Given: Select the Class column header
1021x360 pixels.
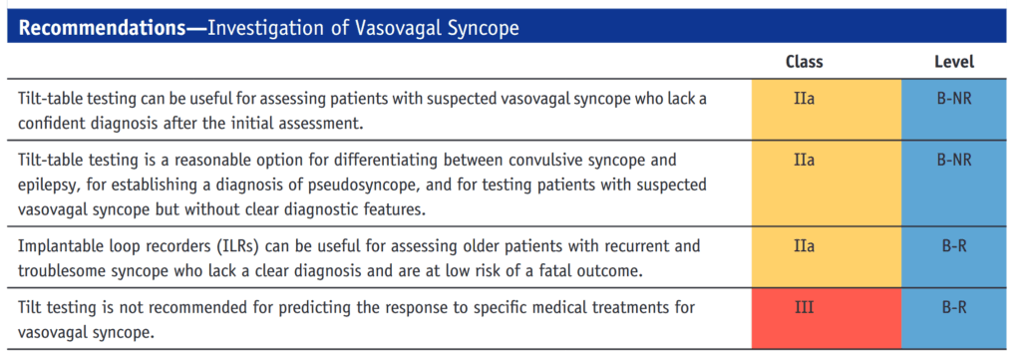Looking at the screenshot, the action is pos(805,62).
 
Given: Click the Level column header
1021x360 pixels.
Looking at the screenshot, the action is pos(954,62).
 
